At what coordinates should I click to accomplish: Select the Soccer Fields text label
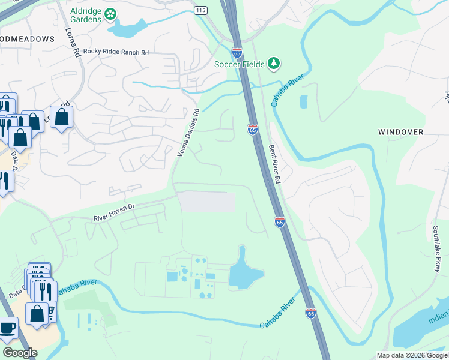[240, 64]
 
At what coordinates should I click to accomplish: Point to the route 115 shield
[200, 11]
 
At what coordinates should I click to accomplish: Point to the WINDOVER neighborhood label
[400, 131]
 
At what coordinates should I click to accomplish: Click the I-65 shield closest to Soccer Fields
[237, 52]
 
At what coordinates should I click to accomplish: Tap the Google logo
[20, 353]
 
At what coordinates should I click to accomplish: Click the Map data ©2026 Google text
[411, 355]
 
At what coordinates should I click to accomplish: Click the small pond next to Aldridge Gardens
[124, 28]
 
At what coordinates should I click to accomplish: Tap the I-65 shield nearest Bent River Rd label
[252, 129]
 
